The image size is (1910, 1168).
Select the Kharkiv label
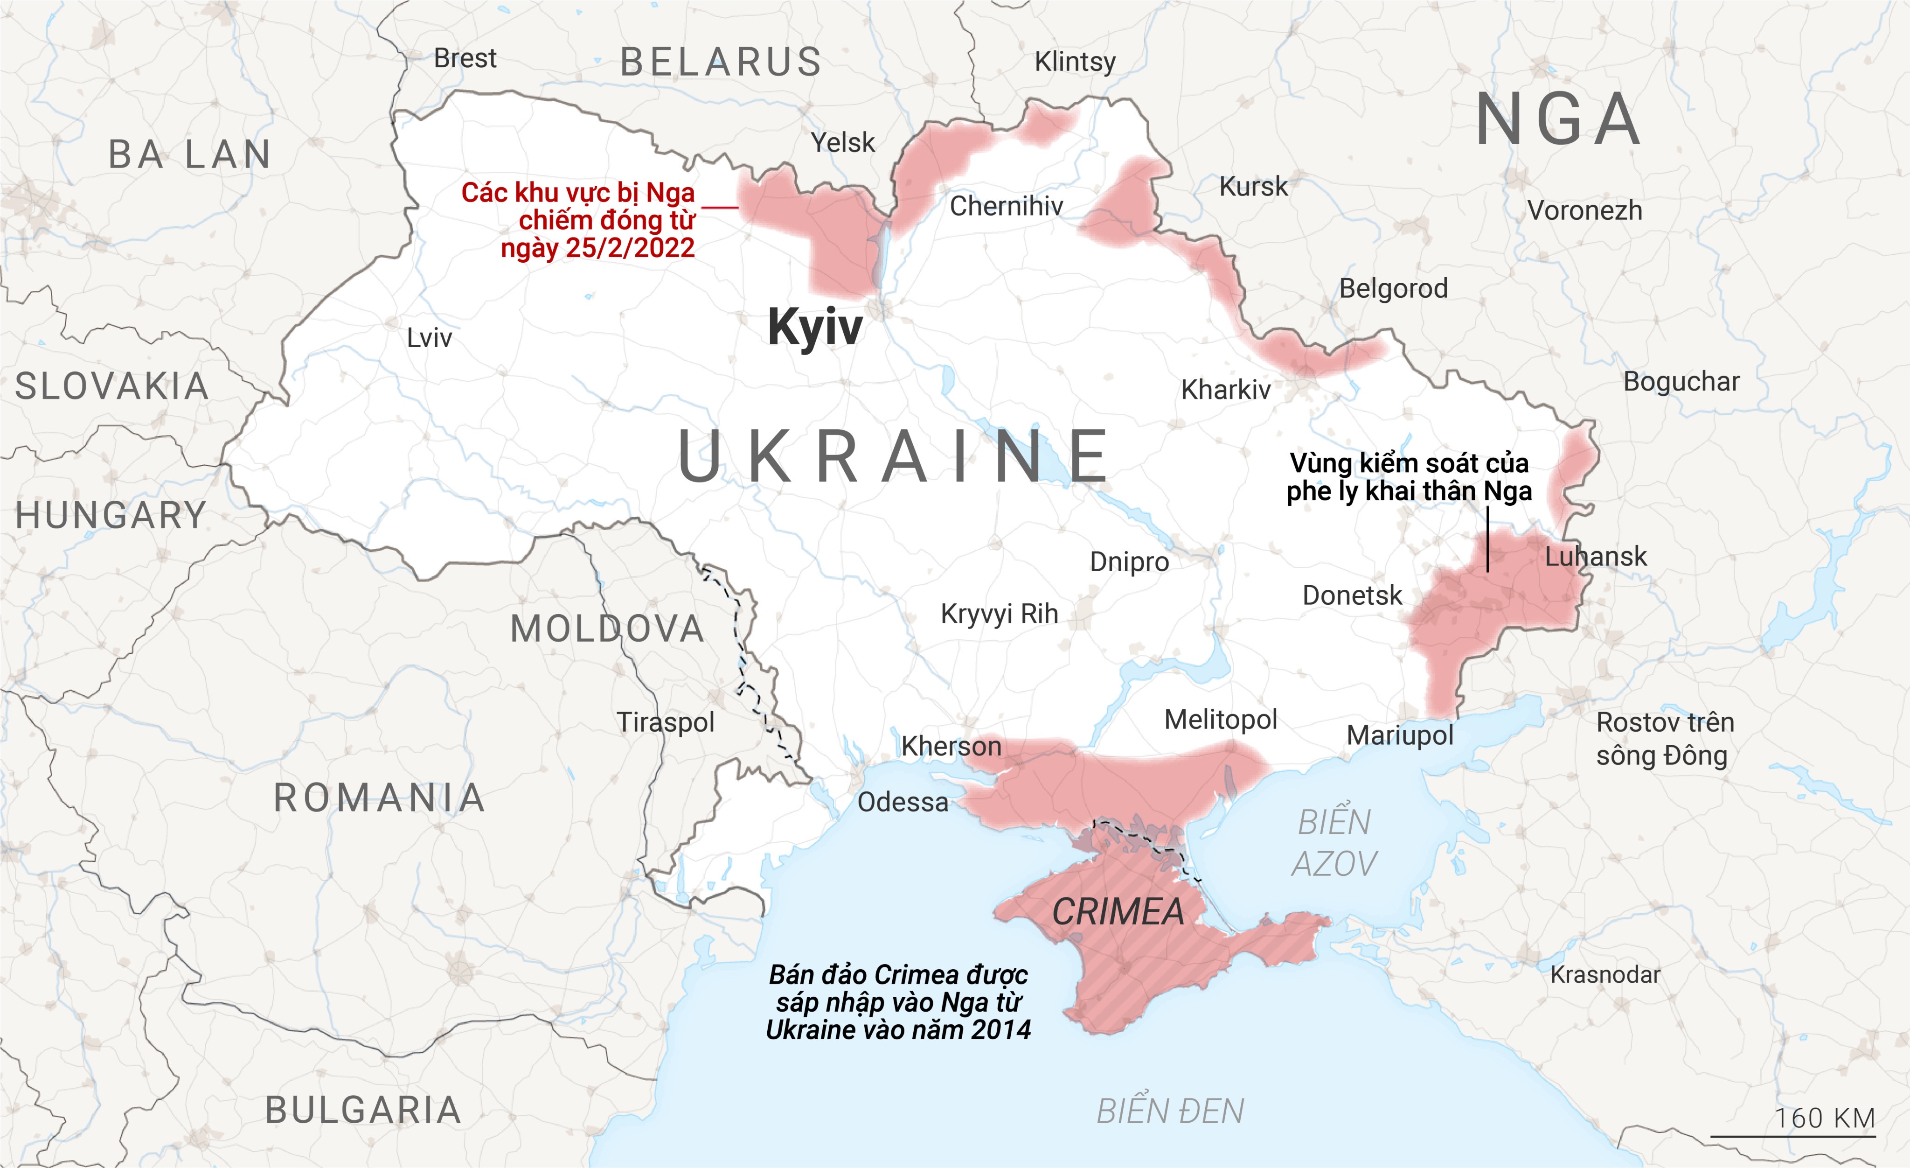(1226, 389)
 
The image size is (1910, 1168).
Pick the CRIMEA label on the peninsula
(1118, 912)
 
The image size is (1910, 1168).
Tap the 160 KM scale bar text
(1825, 1119)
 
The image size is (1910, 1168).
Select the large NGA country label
(1558, 120)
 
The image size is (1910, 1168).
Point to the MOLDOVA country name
(607, 629)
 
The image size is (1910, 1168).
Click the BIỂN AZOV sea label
(1334, 843)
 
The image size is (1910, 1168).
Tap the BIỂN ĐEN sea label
(1170, 1112)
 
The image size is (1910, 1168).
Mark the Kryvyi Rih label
(999, 614)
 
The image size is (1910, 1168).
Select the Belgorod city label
(1393, 288)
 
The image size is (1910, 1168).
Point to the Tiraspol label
(665, 722)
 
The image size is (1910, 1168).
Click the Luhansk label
(1595, 556)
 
